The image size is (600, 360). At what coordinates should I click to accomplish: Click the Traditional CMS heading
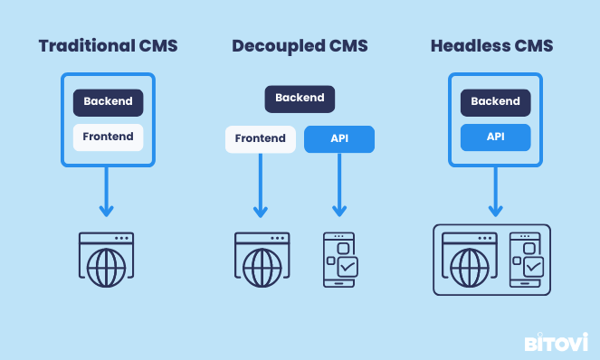(x=107, y=45)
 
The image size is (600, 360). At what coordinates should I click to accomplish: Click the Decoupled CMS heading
(x=300, y=45)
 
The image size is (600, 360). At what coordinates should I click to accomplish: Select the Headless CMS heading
(x=491, y=45)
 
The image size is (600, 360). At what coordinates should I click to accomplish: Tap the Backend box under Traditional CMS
(x=108, y=101)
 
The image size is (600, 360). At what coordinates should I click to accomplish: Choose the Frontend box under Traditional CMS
(x=108, y=137)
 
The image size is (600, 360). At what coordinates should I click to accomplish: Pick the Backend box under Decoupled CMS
(x=300, y=98)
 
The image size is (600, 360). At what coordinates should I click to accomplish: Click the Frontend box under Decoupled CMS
(x=260, y=139)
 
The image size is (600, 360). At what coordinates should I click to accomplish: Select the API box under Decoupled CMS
(x=339, y=139)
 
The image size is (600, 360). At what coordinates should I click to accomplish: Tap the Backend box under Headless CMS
(x=495, y=101)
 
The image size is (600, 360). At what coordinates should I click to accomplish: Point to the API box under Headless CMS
(x=495, y=137)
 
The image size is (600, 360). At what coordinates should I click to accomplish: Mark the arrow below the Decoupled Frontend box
(x=260, y=185)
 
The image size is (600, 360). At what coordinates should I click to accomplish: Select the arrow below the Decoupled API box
(x=339, y=185)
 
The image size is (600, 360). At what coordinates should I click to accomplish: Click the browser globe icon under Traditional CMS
(x=107, y=261)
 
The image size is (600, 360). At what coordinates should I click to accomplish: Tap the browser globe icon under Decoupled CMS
(x=262, y=261)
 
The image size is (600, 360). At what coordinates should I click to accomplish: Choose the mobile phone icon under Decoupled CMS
(x=340, y=261)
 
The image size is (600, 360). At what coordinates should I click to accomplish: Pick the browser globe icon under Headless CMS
(x=469, y=261)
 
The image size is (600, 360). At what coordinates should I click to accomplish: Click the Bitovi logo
(x=557, y=343)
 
